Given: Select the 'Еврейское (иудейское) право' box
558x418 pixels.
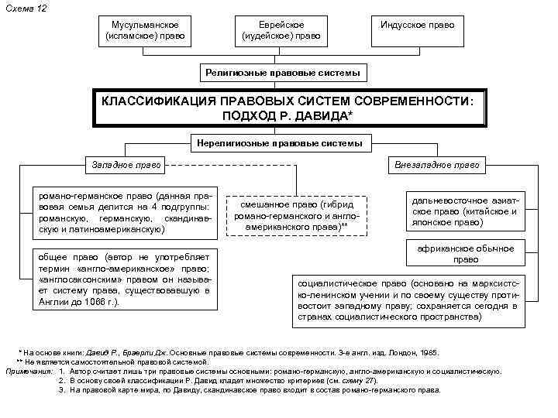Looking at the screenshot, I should (280, 32).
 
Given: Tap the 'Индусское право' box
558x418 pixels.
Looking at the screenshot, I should (417, 26).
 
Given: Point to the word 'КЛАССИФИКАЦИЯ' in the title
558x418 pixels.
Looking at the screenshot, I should (159, 101).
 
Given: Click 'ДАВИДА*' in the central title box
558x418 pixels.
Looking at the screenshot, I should (325, 115).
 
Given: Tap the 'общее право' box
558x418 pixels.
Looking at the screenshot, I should (125, 279).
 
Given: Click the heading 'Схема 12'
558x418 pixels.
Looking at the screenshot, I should (21, 7).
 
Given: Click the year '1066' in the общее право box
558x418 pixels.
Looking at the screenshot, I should (88, 302).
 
